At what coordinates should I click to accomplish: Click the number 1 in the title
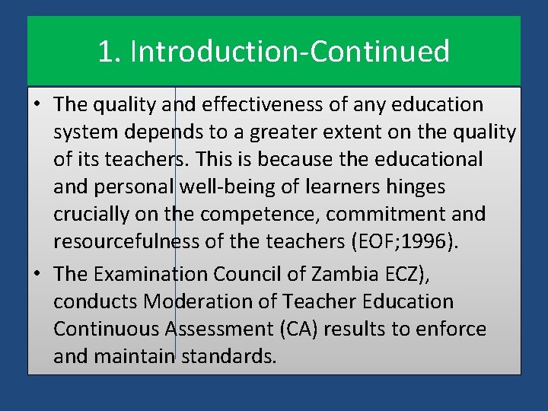pos(105,52)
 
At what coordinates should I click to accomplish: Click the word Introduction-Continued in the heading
pos(290,52)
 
